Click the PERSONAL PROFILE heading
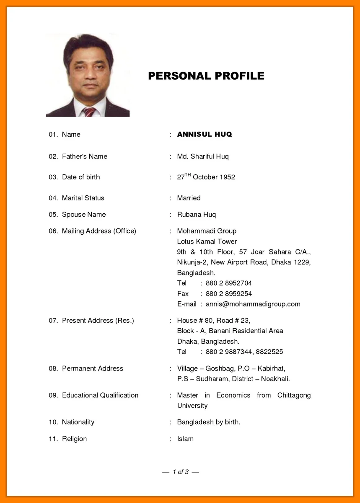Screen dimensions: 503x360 pos(206,76)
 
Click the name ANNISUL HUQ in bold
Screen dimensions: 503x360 pos(204,135)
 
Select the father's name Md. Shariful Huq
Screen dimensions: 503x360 pos(203,156)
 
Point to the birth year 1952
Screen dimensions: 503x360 pos(228,177)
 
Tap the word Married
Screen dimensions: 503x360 pos(189,198)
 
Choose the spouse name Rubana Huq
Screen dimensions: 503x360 pos(196,215)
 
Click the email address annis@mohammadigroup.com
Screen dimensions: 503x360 pos(253,304)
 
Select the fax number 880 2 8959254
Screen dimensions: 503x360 pos(228,294)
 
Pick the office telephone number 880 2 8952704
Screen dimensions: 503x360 pos(228,283)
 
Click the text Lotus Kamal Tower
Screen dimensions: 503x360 pos(207,241)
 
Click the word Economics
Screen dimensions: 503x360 pos(233,395)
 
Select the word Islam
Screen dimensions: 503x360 pos(185,439)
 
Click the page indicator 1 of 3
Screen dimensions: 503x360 pos(181,472)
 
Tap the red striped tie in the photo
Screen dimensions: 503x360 pos(89,111)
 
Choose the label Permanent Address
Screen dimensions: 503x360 pos(92,368)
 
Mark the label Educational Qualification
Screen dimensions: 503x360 pos(100,395)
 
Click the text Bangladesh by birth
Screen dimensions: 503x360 pos(208,422)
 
